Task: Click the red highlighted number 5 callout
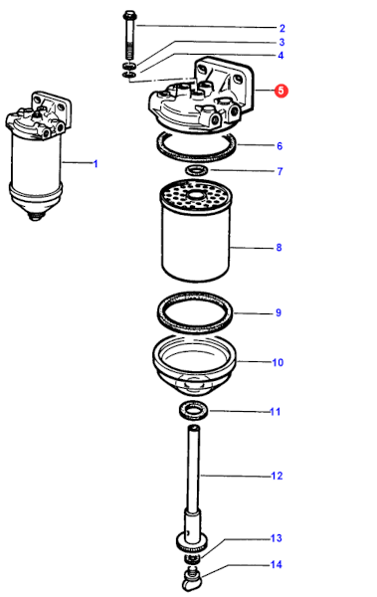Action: coord(282,91)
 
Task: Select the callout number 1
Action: coord(95,164)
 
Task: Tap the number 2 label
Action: coord(282,28)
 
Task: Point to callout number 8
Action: coord(279,248)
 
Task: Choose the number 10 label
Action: coord(278,362)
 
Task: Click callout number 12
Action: coord(277,476)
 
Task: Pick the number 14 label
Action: coord(277,564)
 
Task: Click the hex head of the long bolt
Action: coord(129,16)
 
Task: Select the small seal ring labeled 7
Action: coord(197,169)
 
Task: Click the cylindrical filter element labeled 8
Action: coord(196,231)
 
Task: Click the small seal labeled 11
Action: coord(194,411)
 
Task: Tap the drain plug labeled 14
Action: coord(190,579)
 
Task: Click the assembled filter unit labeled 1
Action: coord(38,156)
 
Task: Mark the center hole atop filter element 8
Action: coord(196,196)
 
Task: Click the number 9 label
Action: coord(279,312)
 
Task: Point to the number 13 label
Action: coord(277,538)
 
